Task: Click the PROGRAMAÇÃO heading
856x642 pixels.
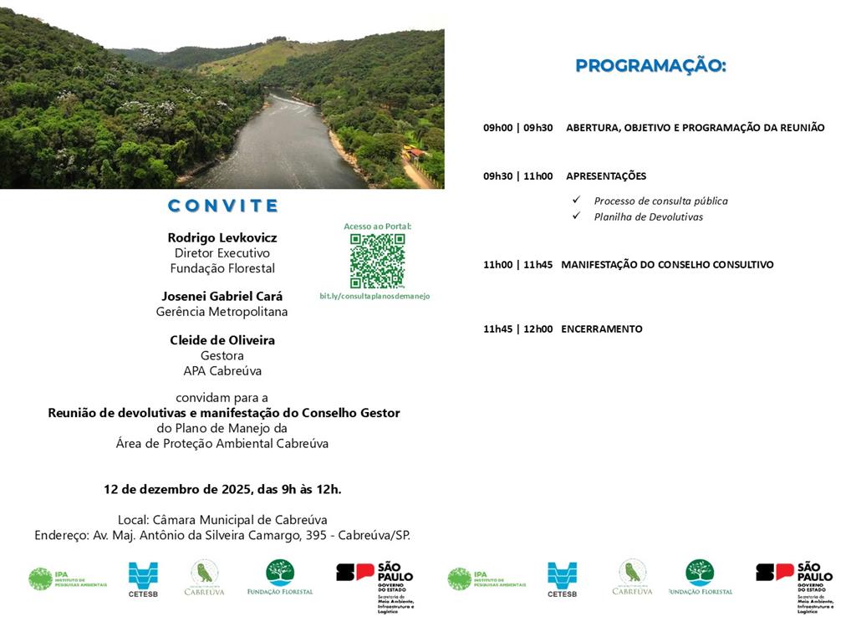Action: [x=650, y=66]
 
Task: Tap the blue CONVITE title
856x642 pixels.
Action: [x=222, y=206]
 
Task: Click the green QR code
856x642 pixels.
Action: [x=377, y=261]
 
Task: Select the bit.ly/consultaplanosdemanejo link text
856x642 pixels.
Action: [x=374, y=296]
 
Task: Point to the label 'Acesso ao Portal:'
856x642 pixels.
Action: [x=378, y=227]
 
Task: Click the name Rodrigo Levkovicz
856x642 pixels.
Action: [x=222, y=237]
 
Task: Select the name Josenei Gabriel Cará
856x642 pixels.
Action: [x=222, y=296]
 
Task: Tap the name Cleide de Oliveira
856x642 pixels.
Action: [x=222, y=340]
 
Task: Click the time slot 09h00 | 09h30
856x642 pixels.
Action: [x=517, y=128]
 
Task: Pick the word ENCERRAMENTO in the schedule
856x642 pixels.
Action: [x=602, y=329]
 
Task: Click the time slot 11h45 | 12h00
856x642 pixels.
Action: [x=517, y=329]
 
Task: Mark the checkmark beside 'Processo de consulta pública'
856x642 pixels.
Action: [x=576, y=200]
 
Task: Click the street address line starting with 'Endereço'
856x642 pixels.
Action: [x=222, y=535]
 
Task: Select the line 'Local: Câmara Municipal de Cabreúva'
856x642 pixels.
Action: [x=222, y=519]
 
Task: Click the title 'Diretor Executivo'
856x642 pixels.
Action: [x=222, y=252]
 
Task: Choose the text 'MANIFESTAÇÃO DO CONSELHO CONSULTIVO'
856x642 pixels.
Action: [x=667, y=265]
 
